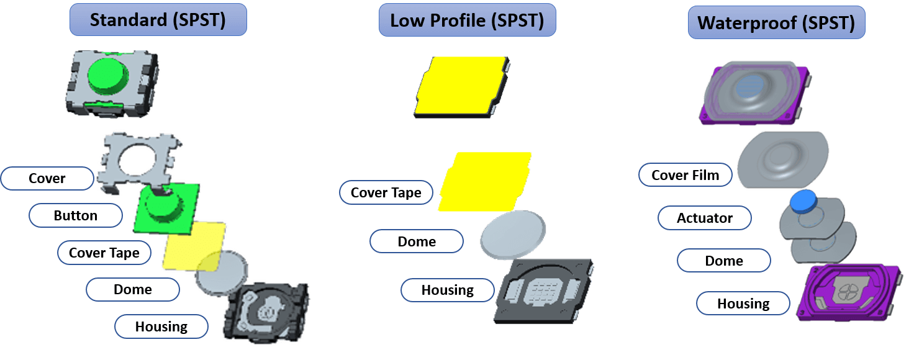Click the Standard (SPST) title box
click(x=158, y=20)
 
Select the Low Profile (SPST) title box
click(x=467, y=20)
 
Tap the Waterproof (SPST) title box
click(x=777, y=22)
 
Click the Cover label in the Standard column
click(x=47, y=178)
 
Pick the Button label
click(x=76, y=215)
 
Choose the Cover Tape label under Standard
click(x=104, y=253)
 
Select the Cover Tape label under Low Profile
click(x=386, y=192)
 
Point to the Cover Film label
click(x=685, y=175)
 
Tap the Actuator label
click(x=705, y=218)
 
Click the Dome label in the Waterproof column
click(x=724, y=261)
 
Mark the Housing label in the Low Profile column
click(x=448, y=290)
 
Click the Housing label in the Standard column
click(x=161, y=326)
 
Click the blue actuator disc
click(x=803, y=201)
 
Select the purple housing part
click(x=849, y=293)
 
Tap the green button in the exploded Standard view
click(x=166, y=208)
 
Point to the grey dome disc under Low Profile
click(x=513, y=235)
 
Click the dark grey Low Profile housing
click(x=543, y=291)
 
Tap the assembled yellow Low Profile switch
click(x=461, y=87)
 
